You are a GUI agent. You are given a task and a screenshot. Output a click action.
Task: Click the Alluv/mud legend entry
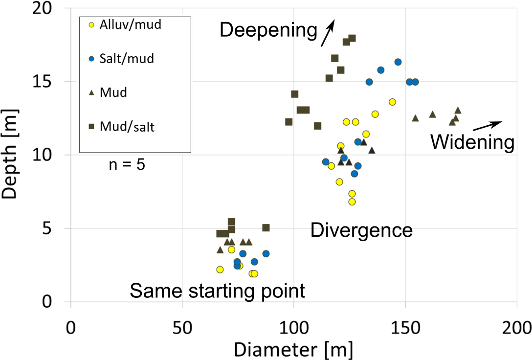[130, 24]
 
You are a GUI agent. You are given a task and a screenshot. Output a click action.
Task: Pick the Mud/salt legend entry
[127, 127]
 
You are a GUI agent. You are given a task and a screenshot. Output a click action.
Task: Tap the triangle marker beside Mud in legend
[91, 93]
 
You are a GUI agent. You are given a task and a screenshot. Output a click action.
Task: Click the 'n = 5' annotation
[127, 165]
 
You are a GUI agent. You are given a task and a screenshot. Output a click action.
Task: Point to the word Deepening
[268, 30]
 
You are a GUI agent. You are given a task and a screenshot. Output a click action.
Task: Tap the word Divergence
[362, 229]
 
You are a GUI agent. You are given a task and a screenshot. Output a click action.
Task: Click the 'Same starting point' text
[217, 291]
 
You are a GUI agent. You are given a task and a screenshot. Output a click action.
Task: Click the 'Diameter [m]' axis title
[293, 348]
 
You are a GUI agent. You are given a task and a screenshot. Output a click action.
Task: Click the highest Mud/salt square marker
[352, 38]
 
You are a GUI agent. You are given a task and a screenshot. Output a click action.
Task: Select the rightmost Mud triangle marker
[458, 110]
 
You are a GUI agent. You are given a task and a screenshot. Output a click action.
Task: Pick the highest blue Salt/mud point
[398, 62]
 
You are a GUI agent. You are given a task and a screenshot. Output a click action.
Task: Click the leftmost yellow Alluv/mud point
[220, 270]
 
